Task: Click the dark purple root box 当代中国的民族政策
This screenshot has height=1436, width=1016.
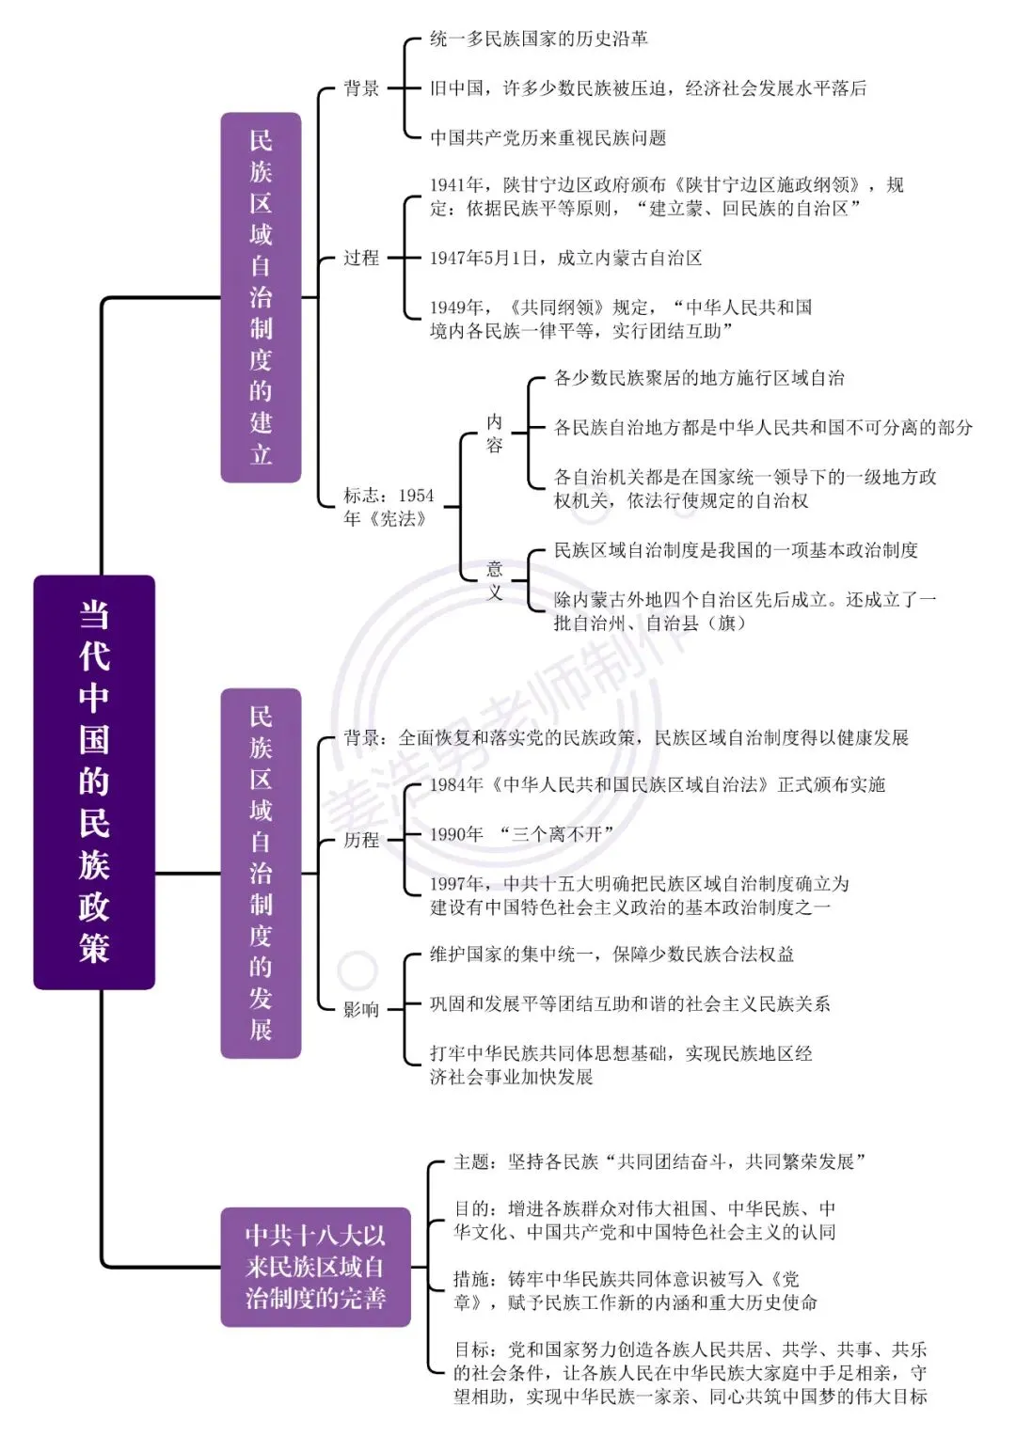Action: point(94,781)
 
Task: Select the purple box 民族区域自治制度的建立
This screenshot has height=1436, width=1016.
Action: point(262,297)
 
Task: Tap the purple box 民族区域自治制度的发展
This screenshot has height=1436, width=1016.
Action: point(262,873)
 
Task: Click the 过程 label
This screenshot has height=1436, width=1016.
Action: point(361,258)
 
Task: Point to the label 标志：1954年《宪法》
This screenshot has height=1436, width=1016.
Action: point(389,507)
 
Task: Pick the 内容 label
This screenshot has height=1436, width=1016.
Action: point(494,433)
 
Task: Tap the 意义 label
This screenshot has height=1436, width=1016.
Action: point(494,579)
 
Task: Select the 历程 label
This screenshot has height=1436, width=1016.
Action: point(361,840)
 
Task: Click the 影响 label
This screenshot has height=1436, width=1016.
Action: point(361,1010)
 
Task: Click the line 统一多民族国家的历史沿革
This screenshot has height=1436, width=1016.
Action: point(539,39)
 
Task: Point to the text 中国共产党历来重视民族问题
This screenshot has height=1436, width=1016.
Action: point(548,137)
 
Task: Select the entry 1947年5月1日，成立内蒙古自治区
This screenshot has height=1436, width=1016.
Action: point(565,258)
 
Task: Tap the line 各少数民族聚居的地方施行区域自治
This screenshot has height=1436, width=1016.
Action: point(699,378)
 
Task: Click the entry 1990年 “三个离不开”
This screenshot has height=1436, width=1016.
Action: point(521,833)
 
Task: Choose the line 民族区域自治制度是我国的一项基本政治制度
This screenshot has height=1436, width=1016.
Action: point(736,549)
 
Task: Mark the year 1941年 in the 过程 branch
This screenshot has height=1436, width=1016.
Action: point(456,184)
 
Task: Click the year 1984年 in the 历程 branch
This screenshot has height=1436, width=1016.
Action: point(456,784)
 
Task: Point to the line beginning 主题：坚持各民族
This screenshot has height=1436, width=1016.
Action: point(659,1161)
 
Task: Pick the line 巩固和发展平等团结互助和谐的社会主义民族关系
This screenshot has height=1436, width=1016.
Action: point(630,1003)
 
